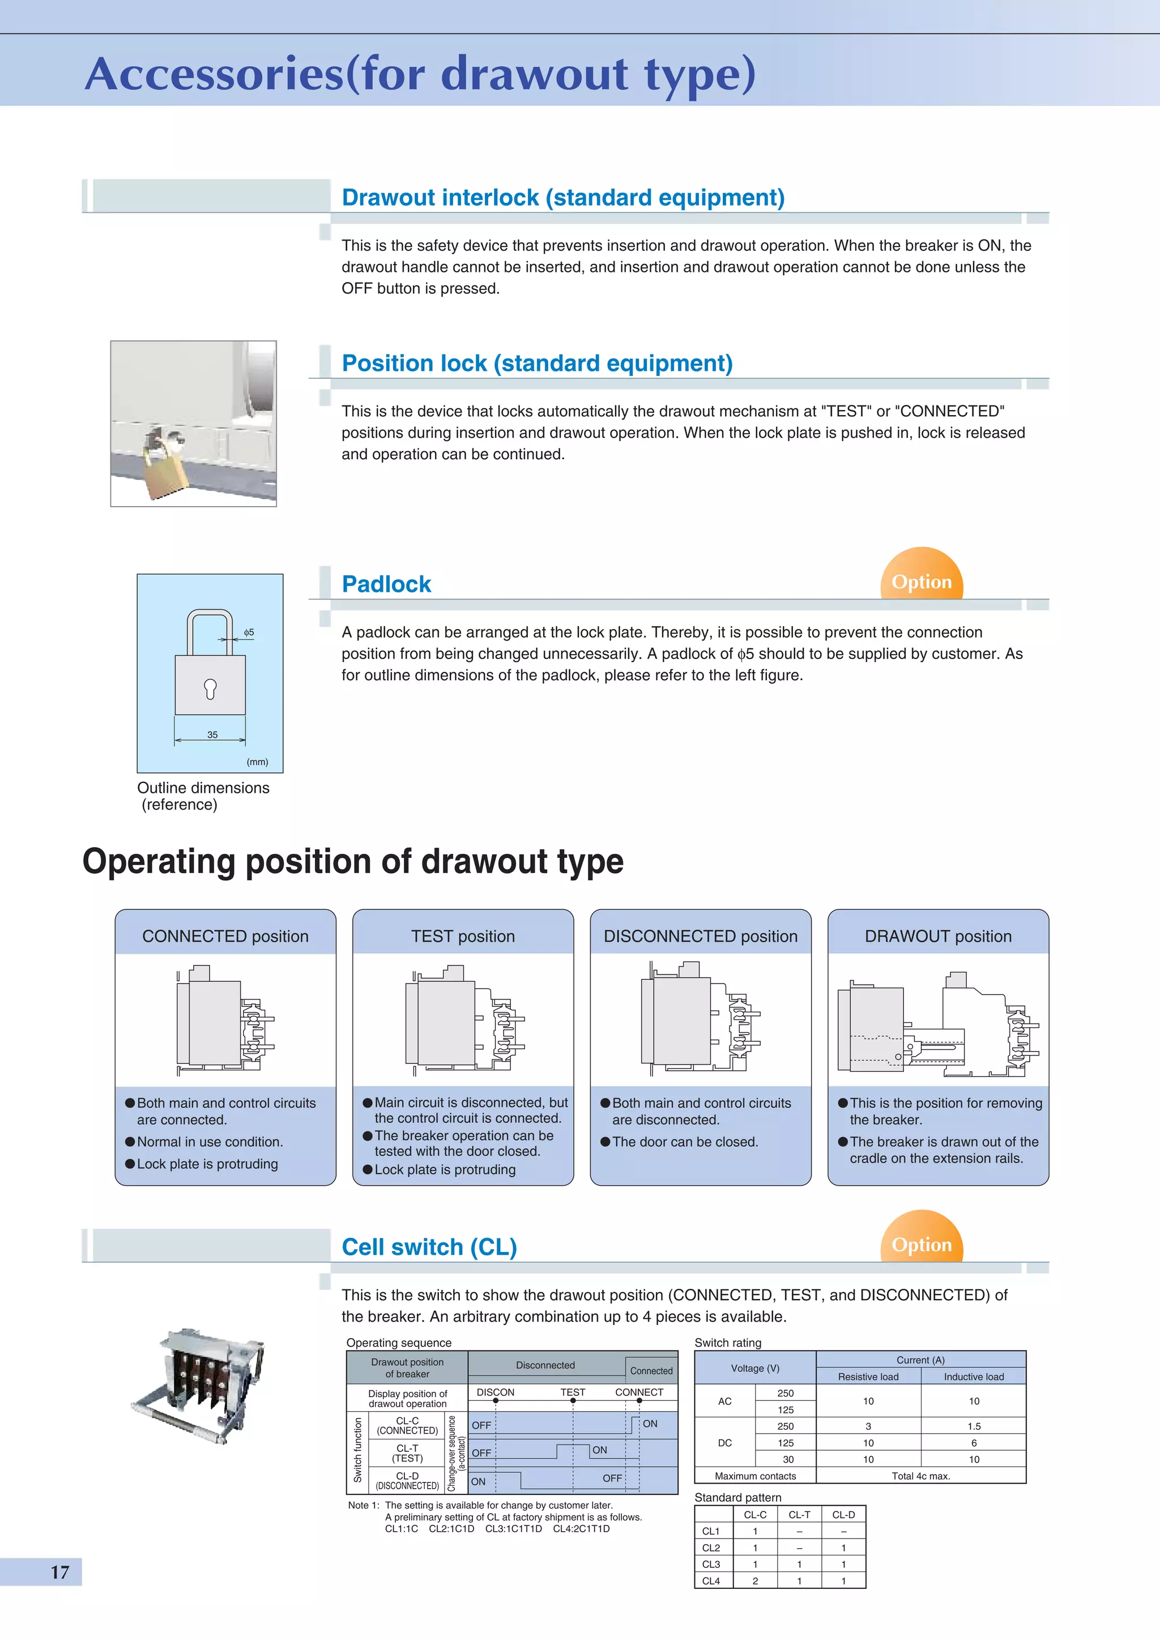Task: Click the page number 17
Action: tap(60, 1572)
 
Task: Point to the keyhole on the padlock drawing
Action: tap(210, 688)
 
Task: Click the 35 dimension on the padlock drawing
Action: tap(212, 734)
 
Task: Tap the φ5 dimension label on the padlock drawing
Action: tap(249, 632)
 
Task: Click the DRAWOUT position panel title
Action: tap(938, 935)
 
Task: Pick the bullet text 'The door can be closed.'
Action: tap(684, 1142)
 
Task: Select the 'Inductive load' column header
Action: tap(974, 1377)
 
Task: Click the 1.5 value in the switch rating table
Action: tap(974, 1426)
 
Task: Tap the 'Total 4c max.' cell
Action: tap(920, 1476)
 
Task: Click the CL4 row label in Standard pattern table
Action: tap(711, 1581)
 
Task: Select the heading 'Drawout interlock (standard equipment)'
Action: tap(562, 197)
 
